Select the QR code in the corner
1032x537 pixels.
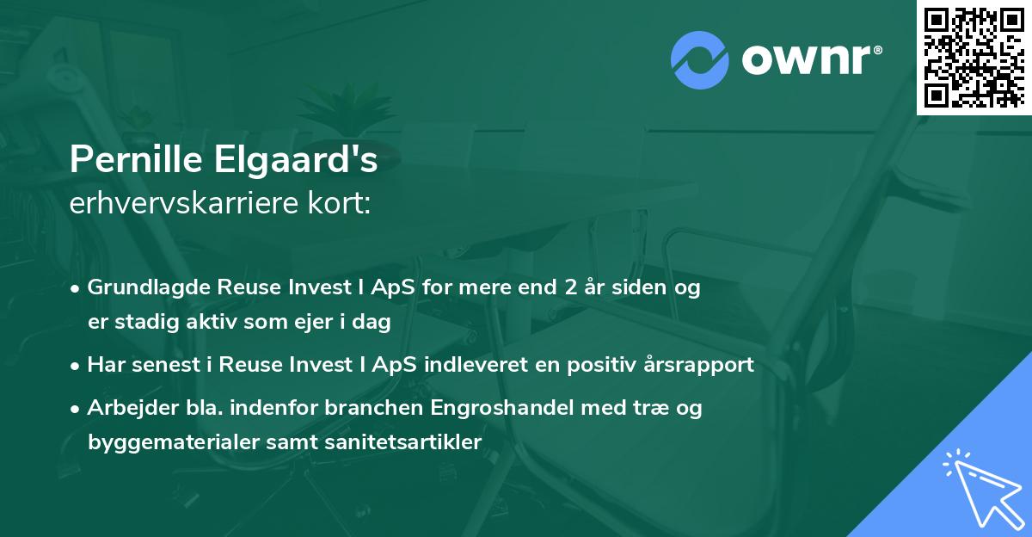pos(974,57)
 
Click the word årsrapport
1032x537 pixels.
pos(700,364)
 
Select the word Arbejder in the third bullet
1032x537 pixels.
pos(125,407)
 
